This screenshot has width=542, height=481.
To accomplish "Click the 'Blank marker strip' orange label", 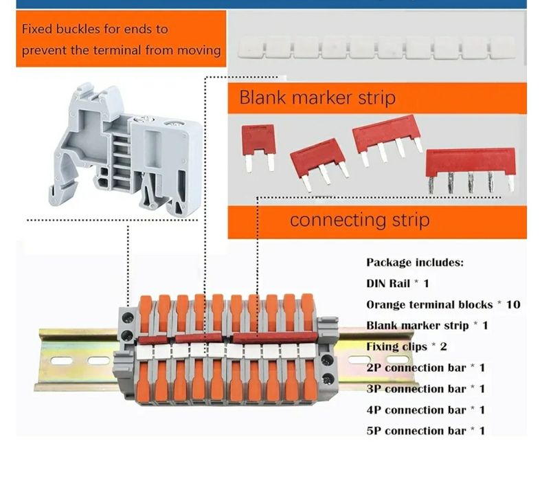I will pyautogui.click(x=317, y=98).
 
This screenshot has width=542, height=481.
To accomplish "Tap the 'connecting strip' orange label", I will pyautogui.click(x=359, y=220).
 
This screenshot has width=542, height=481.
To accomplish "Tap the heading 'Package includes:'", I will pyautogui.click(x=415, y=262).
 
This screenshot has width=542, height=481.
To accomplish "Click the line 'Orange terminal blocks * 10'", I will pyautogui.click(x=443, y=304).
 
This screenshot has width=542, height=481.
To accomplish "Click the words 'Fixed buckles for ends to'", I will pyautogui.click(x=95, y=30).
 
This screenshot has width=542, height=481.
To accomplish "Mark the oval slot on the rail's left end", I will pyautogui.click(x=98, y=360).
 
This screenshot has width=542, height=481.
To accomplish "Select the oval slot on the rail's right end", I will pyautogui.click(x=362, y=359).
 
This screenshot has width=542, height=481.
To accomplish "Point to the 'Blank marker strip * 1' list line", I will pyautogui.click(x=427, y=325).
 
